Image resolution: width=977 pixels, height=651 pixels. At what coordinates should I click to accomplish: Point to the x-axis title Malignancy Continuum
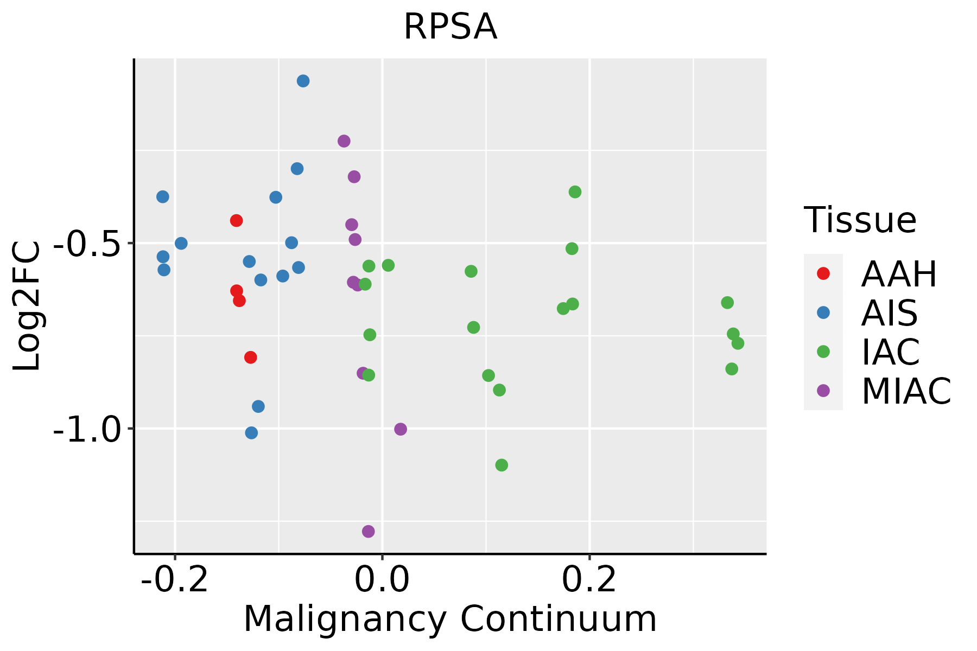(450, 619)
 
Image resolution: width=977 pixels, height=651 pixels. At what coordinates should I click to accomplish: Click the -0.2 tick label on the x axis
(175, 579)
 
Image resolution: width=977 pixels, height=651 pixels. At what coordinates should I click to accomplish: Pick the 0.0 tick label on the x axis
(382, 579)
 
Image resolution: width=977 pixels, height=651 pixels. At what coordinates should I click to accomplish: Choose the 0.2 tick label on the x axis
(589, 579)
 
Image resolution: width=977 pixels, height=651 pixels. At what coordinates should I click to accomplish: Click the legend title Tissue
(860, 220)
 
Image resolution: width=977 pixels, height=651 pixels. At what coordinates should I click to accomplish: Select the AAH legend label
(899, 274)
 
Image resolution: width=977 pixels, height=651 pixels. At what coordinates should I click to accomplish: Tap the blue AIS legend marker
(823, 312)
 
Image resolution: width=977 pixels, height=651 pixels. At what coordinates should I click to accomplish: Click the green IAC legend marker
(823, 352)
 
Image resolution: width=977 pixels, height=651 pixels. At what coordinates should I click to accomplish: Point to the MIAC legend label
(906, 391)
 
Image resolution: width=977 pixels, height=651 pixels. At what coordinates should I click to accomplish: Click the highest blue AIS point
(303, 81)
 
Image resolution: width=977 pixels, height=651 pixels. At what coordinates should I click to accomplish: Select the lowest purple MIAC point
(369, 531)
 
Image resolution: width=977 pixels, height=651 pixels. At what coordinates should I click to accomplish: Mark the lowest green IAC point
(502, 465)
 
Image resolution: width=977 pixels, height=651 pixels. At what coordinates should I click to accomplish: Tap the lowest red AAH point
(250, 357)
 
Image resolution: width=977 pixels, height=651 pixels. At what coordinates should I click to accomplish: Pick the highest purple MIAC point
(344, 141)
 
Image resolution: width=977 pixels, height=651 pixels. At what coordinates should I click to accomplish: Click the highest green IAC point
(575, 192)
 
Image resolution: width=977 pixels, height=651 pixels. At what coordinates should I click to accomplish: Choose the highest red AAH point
(236, 220)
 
